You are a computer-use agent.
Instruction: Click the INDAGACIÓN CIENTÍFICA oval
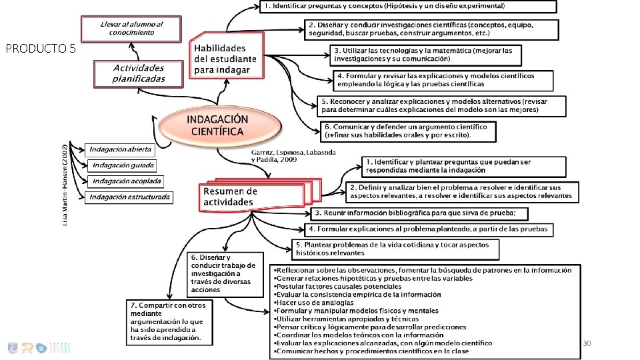(x=218, y=125)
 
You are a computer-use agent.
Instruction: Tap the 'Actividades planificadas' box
(x=139, y=74)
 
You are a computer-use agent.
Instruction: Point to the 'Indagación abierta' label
(x=120, y=149)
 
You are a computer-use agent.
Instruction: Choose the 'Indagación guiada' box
(x=123, y=165)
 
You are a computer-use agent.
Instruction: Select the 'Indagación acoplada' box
(x=126, y=181)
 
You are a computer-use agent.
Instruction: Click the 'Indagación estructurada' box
(x=129, y=197)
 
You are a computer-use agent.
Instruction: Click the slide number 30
(x=587, y=343)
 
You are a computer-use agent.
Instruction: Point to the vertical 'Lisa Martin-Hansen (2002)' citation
(x=65, y=185)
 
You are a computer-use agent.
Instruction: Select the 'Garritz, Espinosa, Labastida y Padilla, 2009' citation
(x=293, y=156)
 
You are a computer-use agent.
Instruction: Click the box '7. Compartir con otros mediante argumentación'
(x=169, y=322)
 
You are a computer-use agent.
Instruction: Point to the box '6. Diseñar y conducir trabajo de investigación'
(x=223, y=273)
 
